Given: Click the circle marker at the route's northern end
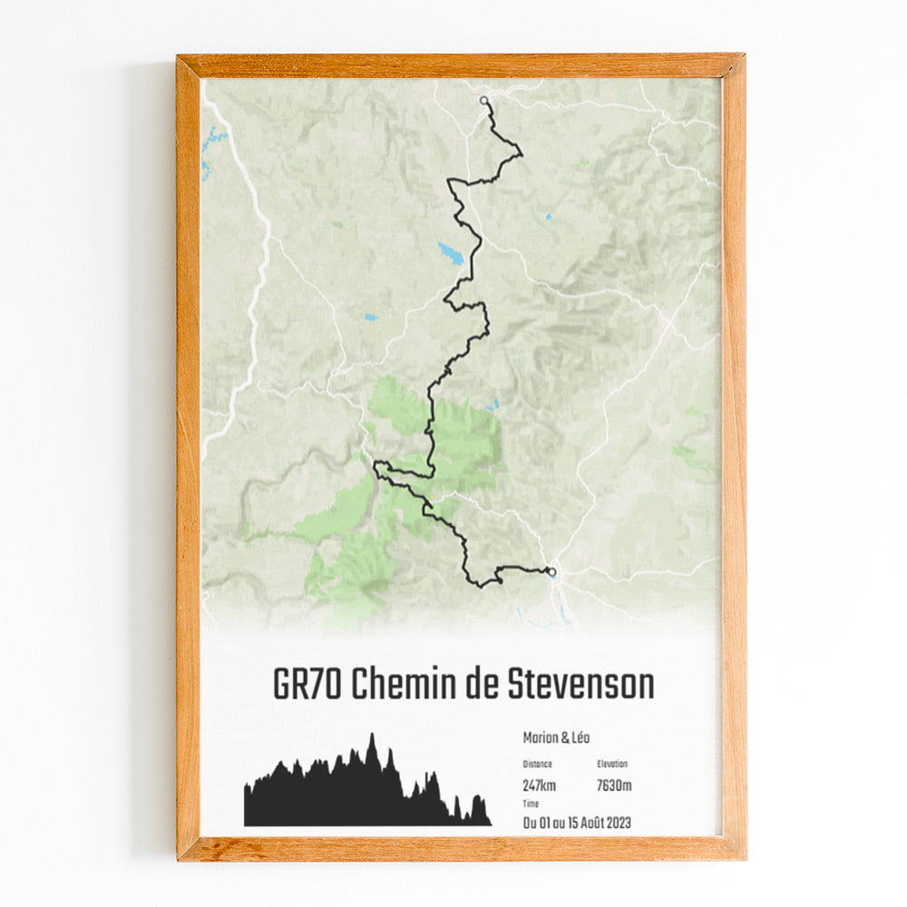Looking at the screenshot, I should [x=484, y=101].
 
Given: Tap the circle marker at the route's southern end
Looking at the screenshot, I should [x=551, y=571].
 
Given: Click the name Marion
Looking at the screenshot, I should [x=542, y=738].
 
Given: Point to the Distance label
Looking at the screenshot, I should [x=539, y=765].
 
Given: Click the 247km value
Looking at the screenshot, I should [x=541, y=785].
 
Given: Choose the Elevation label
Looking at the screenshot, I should [x=612, y=765].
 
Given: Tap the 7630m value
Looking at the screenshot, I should [x=614, y=785].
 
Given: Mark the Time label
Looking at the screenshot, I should [x=531, y=805].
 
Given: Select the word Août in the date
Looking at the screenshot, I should [x=582, y=824].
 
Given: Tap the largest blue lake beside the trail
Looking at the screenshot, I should [x=451, y=253].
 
